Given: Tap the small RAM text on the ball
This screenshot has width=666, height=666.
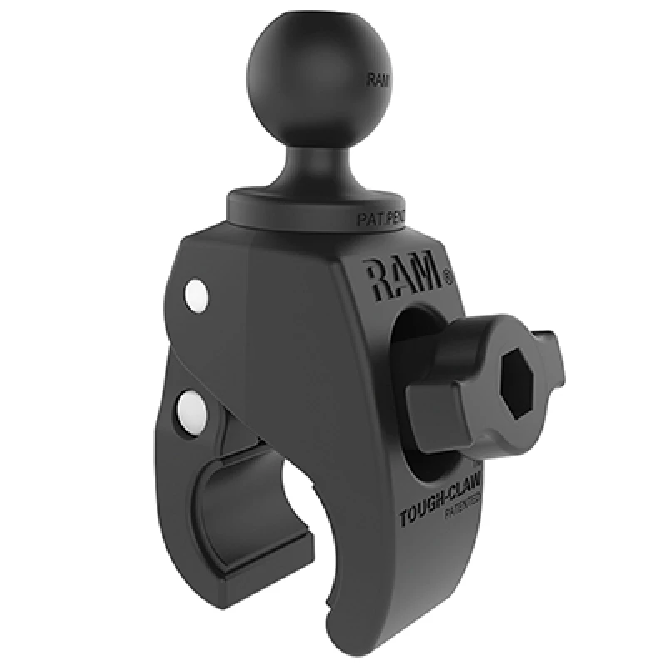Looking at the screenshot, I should (375, 82).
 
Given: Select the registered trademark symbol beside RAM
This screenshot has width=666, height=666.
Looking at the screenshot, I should (448, 272).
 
